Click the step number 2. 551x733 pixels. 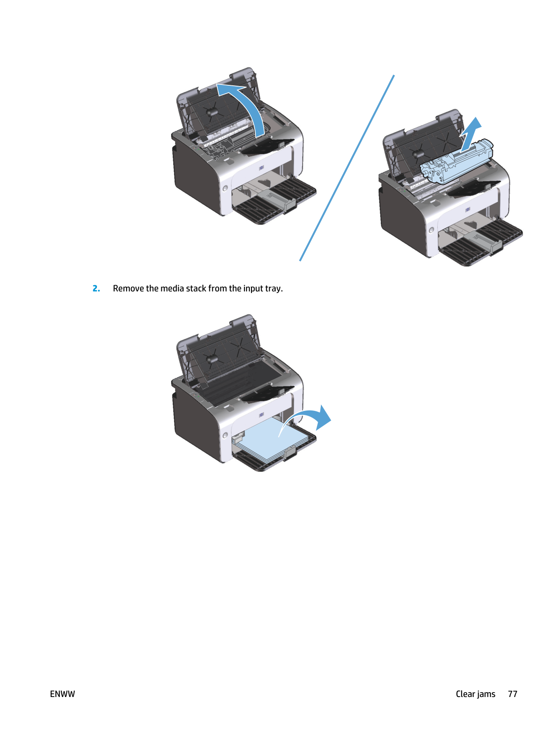click(96, 288)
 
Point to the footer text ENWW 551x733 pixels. click(63, 694)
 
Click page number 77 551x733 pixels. click(513, 694)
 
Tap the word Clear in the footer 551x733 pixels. click(466, 694)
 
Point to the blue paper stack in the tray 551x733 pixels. click(264, 440)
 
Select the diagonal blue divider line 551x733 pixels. click(347, 168)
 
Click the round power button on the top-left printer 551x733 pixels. click(225, 189)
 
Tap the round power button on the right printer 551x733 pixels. click(431, 230)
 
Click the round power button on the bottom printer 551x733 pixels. click(225, 435)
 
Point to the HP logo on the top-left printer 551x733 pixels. click(261, 167)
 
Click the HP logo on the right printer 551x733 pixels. click(467, 209)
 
